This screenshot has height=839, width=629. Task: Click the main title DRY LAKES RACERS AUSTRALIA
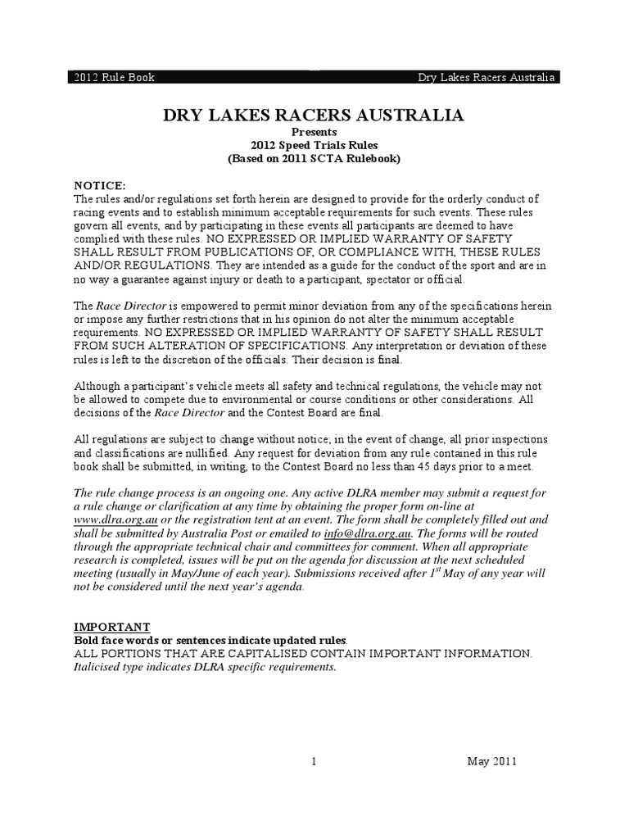314,115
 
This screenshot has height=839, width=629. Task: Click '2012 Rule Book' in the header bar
110,78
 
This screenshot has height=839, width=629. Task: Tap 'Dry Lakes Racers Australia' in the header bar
486,78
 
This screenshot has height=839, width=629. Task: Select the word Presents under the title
314,132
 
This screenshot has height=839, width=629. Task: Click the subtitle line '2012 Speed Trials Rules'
314,145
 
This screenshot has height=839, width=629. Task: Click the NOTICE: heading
101,185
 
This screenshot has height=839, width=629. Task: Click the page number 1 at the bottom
314,761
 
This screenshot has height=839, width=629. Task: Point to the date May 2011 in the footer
491,761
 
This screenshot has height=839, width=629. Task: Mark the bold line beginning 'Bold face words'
210,640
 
